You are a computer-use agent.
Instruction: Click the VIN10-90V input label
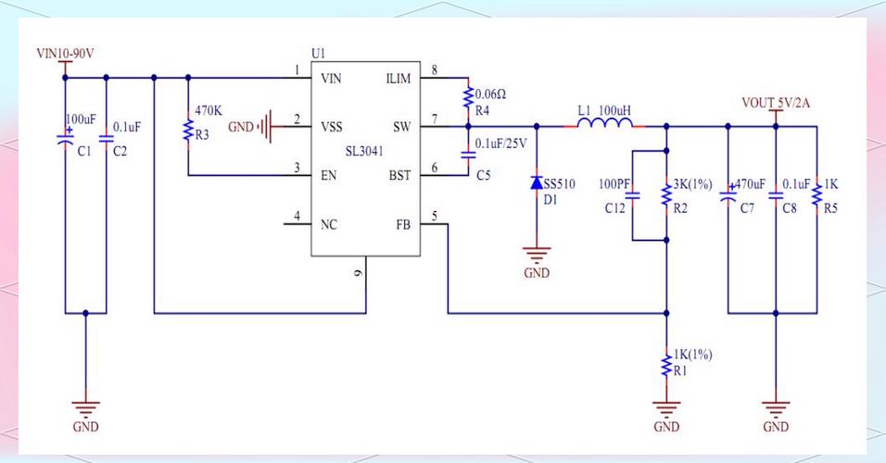pyautogui.click(x=65, y=55)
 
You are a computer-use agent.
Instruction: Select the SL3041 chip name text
pyautogui.click(x=363, y=150)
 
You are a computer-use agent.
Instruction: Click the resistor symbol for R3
pyautogui.click(x=188, y=130)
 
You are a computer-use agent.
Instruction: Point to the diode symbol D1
pyautogui.click(x=537, y=183)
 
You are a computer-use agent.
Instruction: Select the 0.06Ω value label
pyautogui.click(x=490, y=94)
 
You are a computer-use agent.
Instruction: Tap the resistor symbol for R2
pyautogui.click(x=666, y=194)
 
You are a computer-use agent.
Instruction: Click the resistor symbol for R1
pyautogui.click(x=666, y=363)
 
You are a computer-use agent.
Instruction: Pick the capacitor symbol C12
pyautogui.click(x=632, y=195)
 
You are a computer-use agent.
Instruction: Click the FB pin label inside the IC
pyautogui.click(x=403, y=223)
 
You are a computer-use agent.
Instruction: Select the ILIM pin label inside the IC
pyautogui.click(x=398, y=79)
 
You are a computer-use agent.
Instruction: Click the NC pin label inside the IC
pyautogui.click(x=329, y=223)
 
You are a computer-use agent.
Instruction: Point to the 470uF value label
pyautogui.click(x=749, y=184)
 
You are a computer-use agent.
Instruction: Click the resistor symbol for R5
pyautogui.click(x=816, y=194)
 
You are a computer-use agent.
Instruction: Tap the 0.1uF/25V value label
pyautogui.click(x=500, y=143)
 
